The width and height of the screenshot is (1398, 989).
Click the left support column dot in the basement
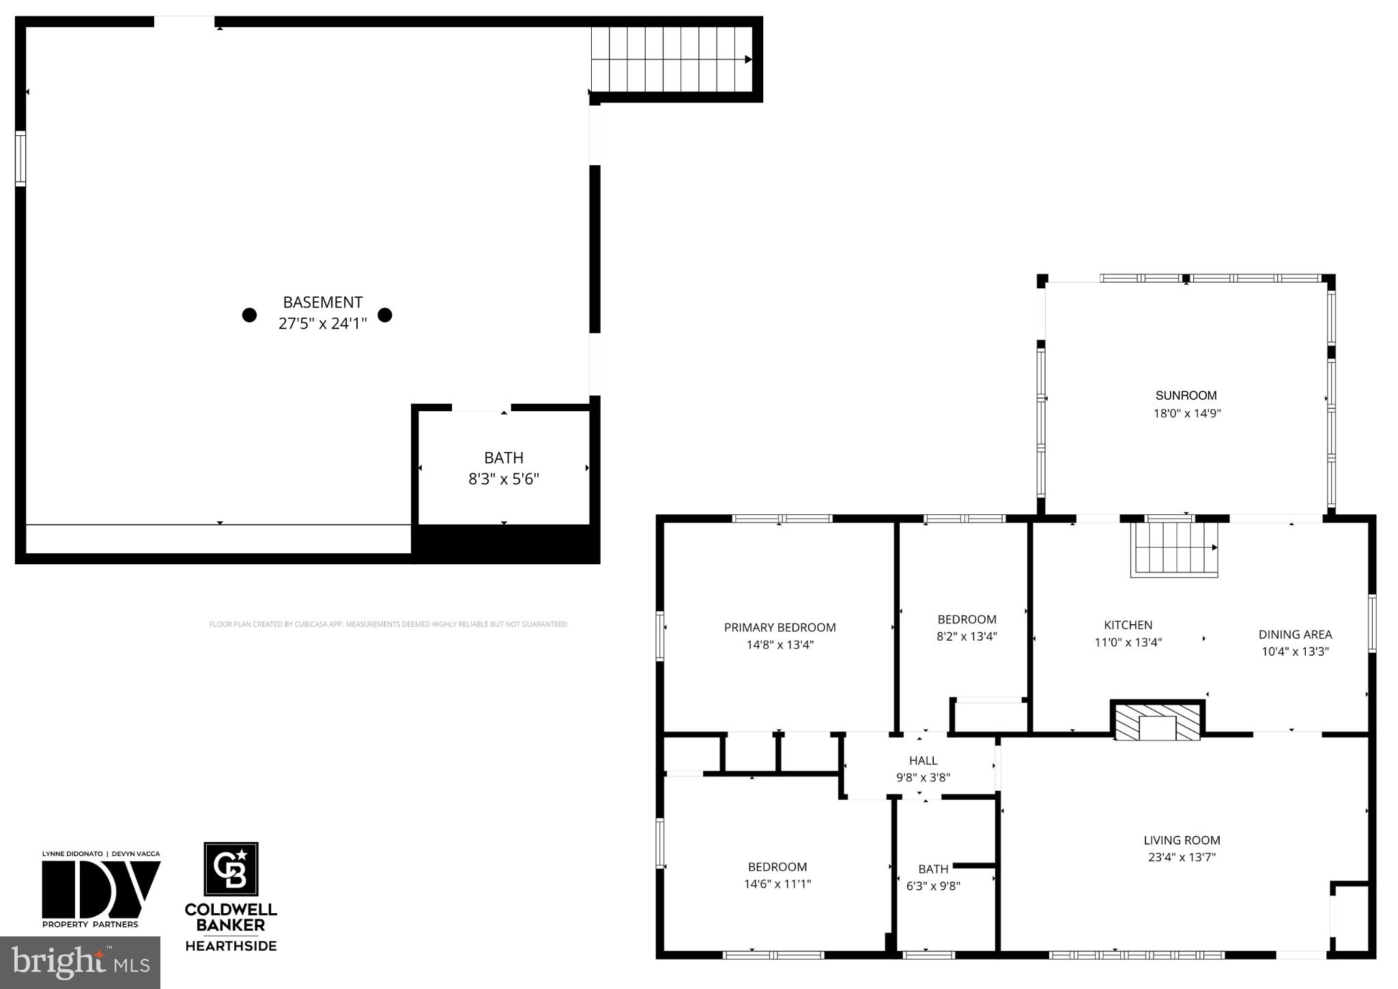(250, 315)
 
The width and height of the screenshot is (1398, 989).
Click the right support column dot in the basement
(385, 315)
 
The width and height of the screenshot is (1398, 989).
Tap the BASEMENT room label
(323, 302)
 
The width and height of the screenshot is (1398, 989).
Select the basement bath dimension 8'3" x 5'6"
(504, 479)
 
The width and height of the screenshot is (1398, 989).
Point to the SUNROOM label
(1186, 395)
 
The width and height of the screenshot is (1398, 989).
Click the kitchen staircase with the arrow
(1174, 548)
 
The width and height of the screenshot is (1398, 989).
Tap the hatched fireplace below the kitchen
(1157, 723)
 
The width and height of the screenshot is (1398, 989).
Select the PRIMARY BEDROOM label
(780, 628)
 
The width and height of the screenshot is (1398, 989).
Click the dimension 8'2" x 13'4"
(967, 637)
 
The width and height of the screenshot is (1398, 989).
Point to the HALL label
(923, 760)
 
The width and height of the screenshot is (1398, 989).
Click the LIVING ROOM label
(1182, 841)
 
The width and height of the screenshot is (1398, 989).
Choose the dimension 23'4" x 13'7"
(1182, 857)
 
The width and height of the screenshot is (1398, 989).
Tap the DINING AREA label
(1295, 635)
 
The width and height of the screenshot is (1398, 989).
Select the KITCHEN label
(1128, 625)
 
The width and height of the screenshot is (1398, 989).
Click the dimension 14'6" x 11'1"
(778, 884)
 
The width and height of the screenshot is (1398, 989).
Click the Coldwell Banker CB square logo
(231, 869)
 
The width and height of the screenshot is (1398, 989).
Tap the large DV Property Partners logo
(100, 889)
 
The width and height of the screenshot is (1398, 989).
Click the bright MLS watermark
(80, 962)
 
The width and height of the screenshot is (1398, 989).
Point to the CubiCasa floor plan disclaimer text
(388, 624)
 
